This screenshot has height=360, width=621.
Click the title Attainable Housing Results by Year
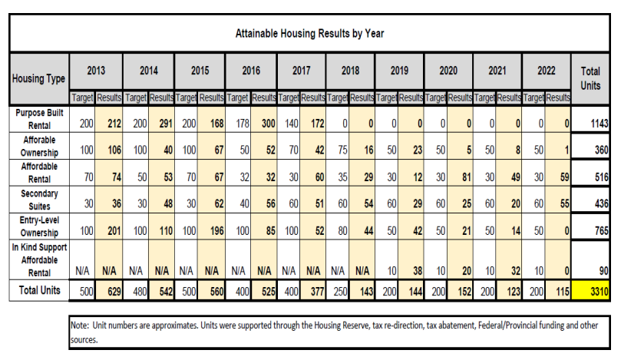(310, 33)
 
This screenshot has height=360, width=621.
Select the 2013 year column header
(95, 70)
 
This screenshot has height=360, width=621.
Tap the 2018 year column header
(350, 70)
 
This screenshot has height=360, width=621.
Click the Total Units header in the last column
(590, 78)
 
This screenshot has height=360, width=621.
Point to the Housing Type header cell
(38, 78)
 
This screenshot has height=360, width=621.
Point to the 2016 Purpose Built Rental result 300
(265, 123)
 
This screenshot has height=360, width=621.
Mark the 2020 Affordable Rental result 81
(464, 175)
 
